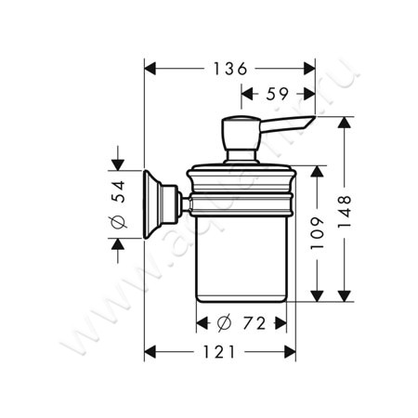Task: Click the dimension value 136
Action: (228, 69)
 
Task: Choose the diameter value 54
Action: (118, 205)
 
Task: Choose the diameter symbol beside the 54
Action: (118, 224)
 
